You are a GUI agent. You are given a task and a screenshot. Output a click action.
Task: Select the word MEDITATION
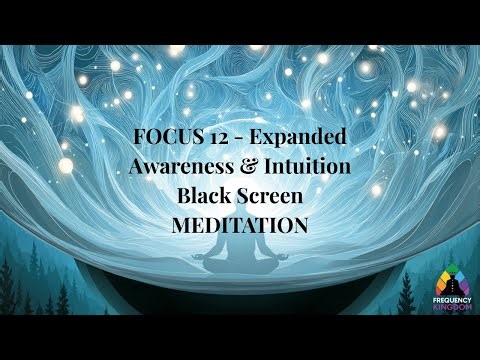[x=239, y=225]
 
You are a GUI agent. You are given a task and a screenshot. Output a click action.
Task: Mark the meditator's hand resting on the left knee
[x=204, y=258]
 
